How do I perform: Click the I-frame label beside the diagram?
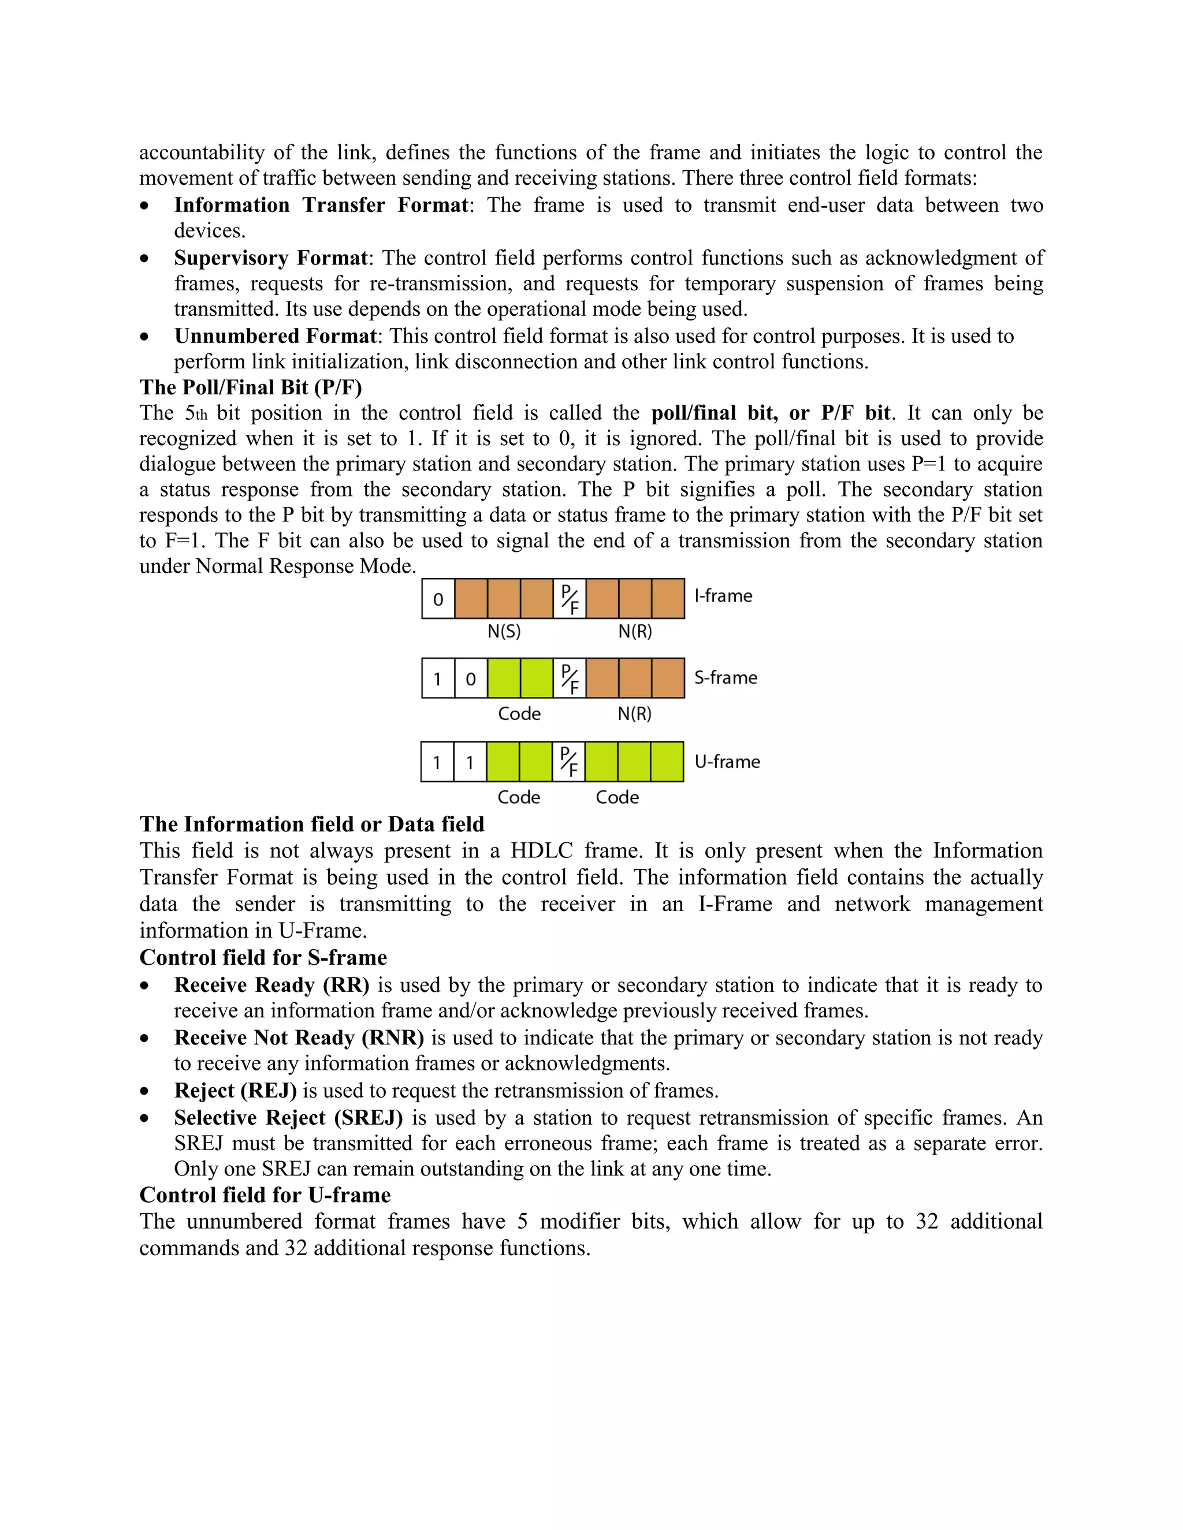[x=723, y=596]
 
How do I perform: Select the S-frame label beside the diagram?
[x=726, y=677]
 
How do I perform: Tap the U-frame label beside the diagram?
[x=727, y=762]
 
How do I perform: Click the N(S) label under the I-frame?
[x=504, y=631]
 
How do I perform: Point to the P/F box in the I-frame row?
[x=570, y=599]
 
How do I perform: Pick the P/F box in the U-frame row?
[x=568, y=762]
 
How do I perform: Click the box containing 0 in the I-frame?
[x=438, y=599]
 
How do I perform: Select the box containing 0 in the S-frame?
[x=471, y=678]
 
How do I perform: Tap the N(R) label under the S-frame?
[x=634, y=714]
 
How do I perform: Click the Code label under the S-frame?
[x=519, y=714]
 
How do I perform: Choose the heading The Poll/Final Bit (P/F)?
[x=250, y=387]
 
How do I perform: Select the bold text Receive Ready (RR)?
[x=271, y=985]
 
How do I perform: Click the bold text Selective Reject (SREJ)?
[x=288, y=1117]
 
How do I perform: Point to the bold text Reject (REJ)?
[x=235, y=1091]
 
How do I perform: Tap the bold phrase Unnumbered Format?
[x=276, y=336]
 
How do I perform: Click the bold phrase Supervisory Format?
[x=270, y=258]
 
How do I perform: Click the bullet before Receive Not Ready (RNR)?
[x=144, y=1038]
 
